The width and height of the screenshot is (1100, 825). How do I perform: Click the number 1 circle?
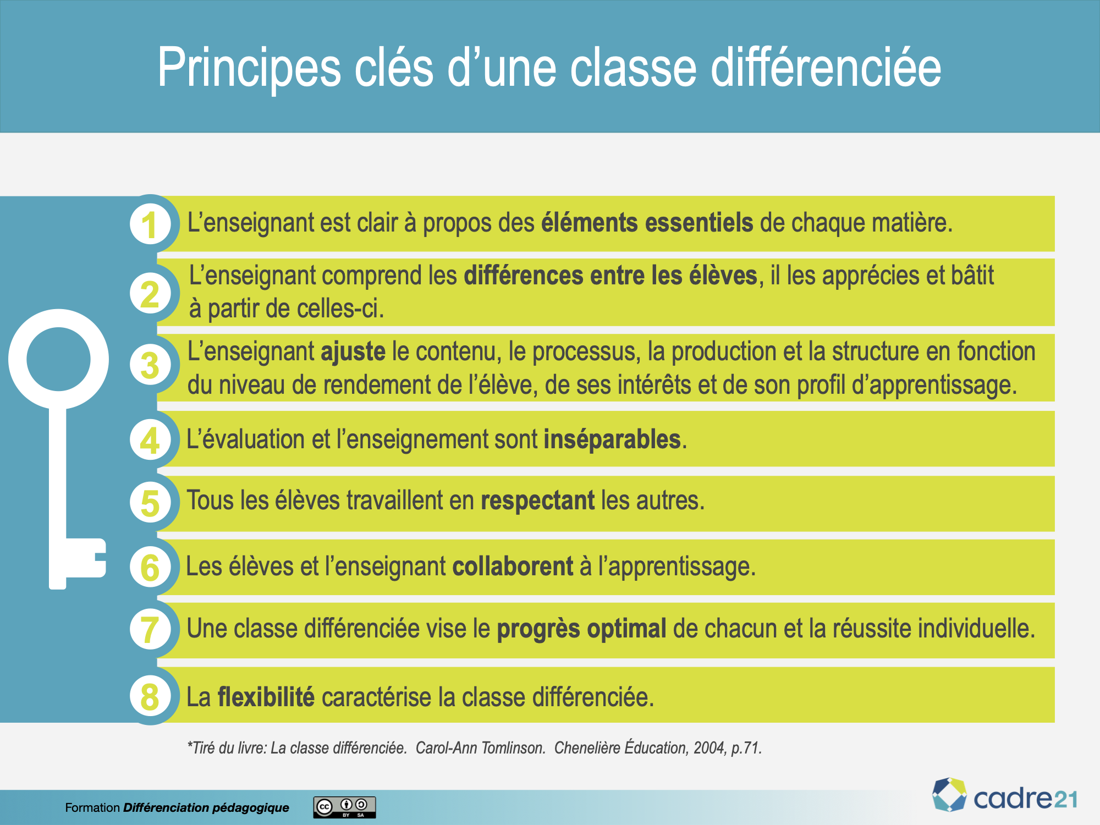150,223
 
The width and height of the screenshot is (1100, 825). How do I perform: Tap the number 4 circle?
150,440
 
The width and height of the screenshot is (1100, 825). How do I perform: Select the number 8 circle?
150,696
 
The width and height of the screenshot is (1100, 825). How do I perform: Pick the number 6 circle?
150,567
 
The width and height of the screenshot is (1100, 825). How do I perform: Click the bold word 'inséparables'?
612,440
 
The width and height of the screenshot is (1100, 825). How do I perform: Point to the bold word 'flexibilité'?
266,697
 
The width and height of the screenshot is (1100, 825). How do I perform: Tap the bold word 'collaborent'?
513,566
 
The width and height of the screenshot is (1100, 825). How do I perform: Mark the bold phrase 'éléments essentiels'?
647,223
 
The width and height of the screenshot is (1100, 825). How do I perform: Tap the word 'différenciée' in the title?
826,67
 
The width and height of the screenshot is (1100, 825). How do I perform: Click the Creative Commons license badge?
345,807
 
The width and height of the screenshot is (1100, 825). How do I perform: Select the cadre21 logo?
1004,795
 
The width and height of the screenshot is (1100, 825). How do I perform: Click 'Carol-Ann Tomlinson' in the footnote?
480,748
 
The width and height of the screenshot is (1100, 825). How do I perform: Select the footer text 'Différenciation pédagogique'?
206,807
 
